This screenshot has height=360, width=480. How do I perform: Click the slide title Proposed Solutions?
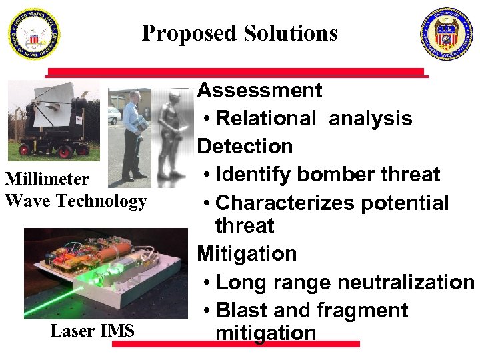pos(239,33)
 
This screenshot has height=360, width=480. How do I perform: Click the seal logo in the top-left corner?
pos(34,34)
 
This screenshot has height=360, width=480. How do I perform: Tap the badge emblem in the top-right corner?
pos(446,34)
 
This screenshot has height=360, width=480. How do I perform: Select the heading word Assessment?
pos(260,90)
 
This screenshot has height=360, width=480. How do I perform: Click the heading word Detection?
pos(245,146)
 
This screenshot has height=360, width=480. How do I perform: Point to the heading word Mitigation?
pos(247,253)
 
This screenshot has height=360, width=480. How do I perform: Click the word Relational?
pos(266,119)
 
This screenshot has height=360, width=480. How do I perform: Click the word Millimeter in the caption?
pos(47,179)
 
